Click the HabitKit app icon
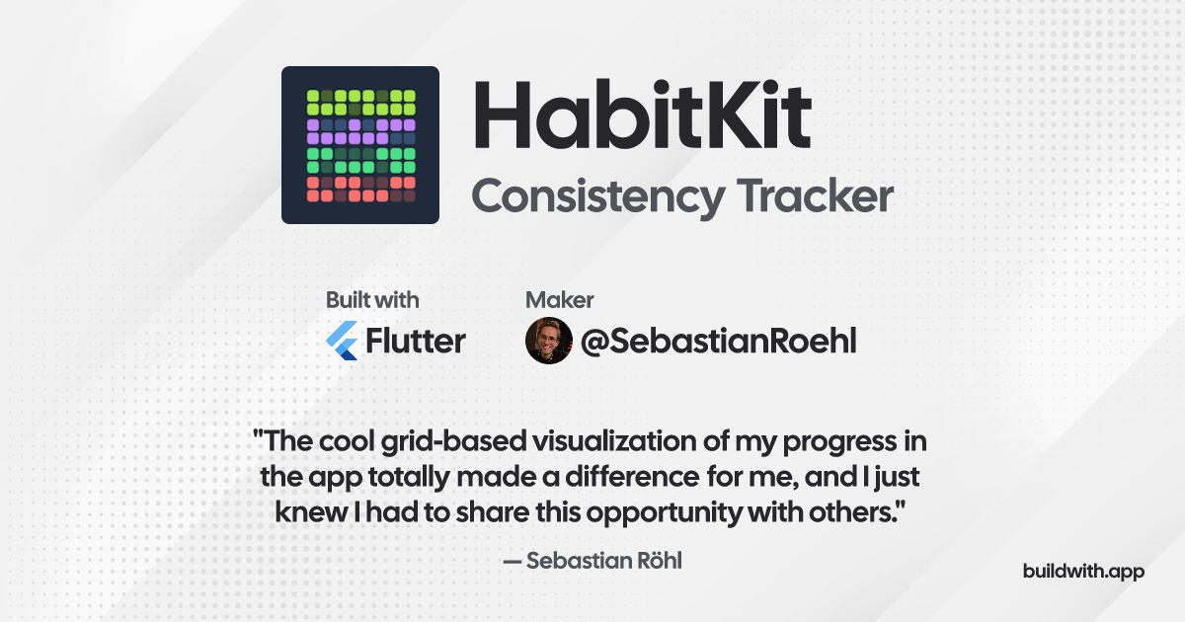point(359,145)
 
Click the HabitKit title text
point(641,117)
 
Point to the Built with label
point(372,300)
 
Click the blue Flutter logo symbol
point(342,341)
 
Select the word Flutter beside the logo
point(415,341)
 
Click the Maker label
point(559,300)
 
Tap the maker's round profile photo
point(548,341)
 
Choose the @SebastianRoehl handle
point(718,342)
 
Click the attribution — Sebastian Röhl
point(592,561)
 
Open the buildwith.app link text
point(1083,572)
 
